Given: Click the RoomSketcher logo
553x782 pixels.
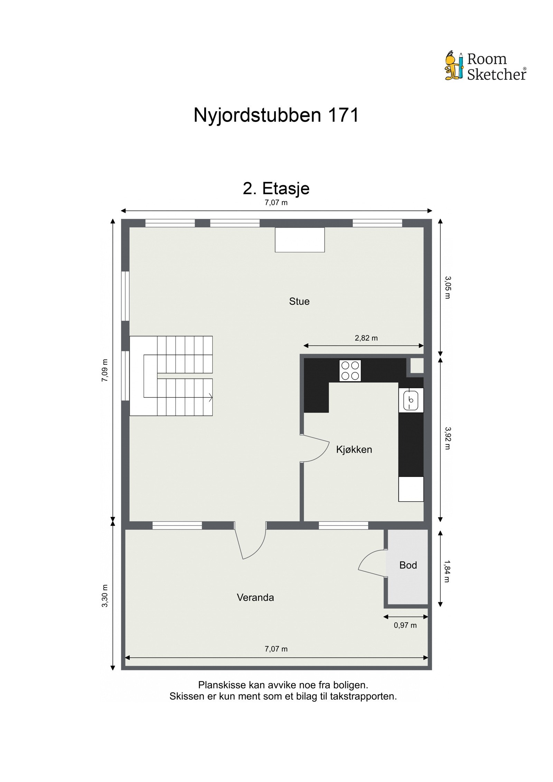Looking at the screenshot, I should click(485, 66).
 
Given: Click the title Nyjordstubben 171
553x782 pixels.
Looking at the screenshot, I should click(276, 115).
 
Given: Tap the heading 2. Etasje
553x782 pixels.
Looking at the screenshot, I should click(276, 188).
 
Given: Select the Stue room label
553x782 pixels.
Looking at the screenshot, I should click(299, 301).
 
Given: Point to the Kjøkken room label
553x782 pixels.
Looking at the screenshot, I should click(354, 450).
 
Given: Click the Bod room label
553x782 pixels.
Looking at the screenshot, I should click(408, 565).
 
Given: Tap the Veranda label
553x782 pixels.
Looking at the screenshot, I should click(255, 597).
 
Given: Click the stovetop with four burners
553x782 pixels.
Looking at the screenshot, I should click(350, 370).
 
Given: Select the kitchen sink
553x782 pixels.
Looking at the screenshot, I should click(411, 400).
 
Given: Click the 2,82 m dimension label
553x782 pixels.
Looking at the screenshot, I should click(366, 338).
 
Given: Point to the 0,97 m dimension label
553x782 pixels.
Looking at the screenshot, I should click(405, 625).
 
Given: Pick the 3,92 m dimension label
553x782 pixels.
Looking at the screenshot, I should click(447, 438).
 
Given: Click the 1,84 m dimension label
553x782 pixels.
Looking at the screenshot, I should click(447, 571).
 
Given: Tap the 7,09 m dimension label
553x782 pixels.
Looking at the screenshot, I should click(105, 370).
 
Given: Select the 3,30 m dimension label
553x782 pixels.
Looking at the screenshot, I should click(105, 596).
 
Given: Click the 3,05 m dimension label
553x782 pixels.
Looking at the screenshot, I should click(447, 287).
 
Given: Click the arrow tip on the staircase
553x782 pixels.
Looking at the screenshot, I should click(211, 397).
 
